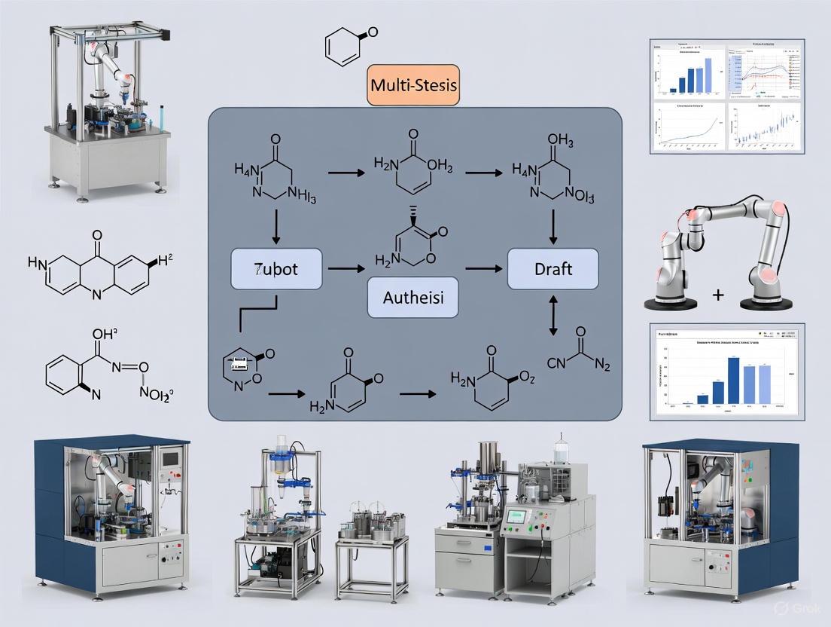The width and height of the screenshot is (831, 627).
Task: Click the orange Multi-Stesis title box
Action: tap(412, 84)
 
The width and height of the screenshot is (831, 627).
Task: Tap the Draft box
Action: tap(553, 268)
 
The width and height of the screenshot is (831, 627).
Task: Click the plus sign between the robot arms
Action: tap(717, 295)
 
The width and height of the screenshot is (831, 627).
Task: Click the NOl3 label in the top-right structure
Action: tap(576, 197)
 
